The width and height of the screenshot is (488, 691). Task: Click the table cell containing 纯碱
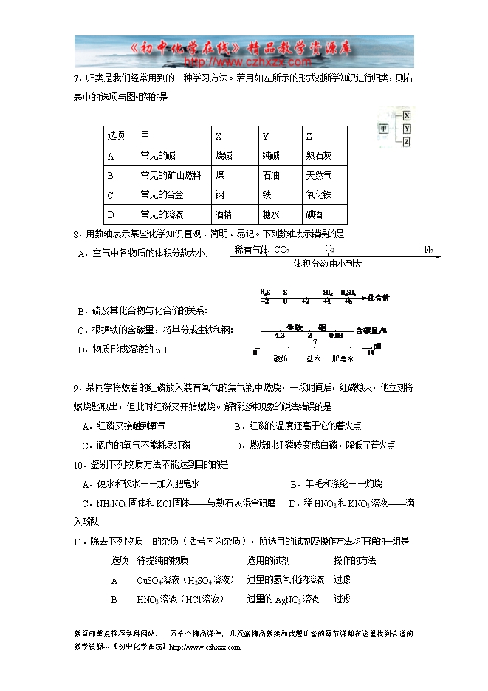pos(271,156)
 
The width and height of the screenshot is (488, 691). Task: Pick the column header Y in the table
pos(266,137)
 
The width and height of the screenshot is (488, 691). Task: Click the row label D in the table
pos(111,215)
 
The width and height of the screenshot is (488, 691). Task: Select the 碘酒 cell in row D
pos(315,215)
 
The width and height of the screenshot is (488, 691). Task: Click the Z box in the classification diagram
pos(407,141)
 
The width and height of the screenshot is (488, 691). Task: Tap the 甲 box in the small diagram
pos(383,128)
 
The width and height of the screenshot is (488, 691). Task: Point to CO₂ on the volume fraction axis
pos(281,250)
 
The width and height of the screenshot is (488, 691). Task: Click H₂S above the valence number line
pos(265,293)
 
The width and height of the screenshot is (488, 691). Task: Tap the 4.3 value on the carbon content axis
pos(279,335)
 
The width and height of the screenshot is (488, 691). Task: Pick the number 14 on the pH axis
pos(371,353)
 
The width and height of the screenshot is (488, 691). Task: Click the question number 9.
pos(76,387)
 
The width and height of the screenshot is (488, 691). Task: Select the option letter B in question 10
pos(294,483)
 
